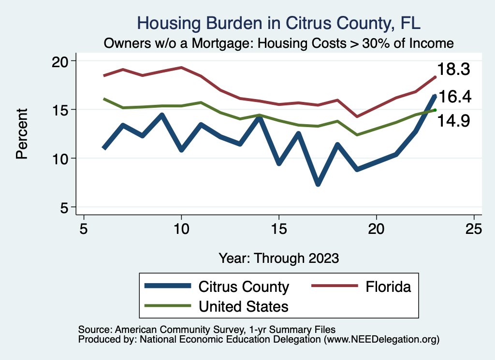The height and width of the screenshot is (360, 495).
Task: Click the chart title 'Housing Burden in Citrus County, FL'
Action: point(279,23)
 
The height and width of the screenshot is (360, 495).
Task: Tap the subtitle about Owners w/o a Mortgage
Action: point(279,43)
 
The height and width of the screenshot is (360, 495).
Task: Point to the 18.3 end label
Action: point(454,70)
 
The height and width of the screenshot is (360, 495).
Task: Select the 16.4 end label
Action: point(454,97)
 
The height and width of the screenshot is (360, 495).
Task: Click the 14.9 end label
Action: point(454,121)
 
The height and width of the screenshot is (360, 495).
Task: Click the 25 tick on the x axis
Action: point(474,229)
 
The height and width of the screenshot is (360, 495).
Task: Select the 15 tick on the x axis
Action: point(278,229)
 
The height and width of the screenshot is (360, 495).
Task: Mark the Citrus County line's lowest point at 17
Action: point(318,184)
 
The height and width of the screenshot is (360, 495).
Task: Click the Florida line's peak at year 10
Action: point(181,67)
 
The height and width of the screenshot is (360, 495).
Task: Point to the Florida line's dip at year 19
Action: point(357,116)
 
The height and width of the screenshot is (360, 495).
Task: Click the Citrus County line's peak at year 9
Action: point(161,115)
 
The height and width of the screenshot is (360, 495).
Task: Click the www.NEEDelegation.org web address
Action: point(381,339)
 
